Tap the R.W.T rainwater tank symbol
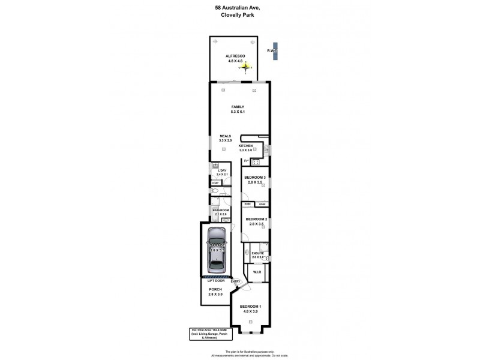[x=275, y=51]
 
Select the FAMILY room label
[x=238, y=107]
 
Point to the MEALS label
[x=226, y=136]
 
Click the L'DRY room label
[x=221, y=171]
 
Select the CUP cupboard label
[x=215, y=183]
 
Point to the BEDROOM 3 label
[x=255, y=178]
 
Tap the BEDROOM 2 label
[x=255, y=220]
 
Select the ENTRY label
[x=235, y=281]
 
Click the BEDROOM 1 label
[x=251, y=308]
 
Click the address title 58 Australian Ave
[x=239, y=7]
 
